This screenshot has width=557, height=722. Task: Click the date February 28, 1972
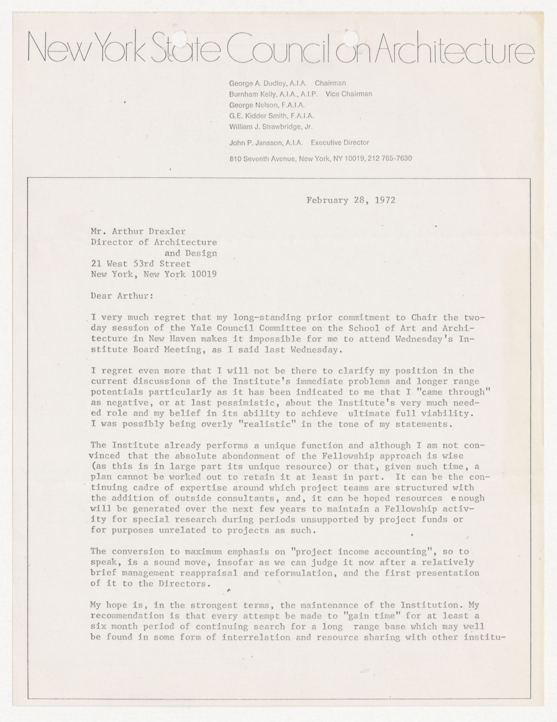click(351, 200)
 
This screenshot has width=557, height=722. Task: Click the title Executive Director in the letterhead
click(340, 142)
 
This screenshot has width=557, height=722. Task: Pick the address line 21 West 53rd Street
click(141, 263)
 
